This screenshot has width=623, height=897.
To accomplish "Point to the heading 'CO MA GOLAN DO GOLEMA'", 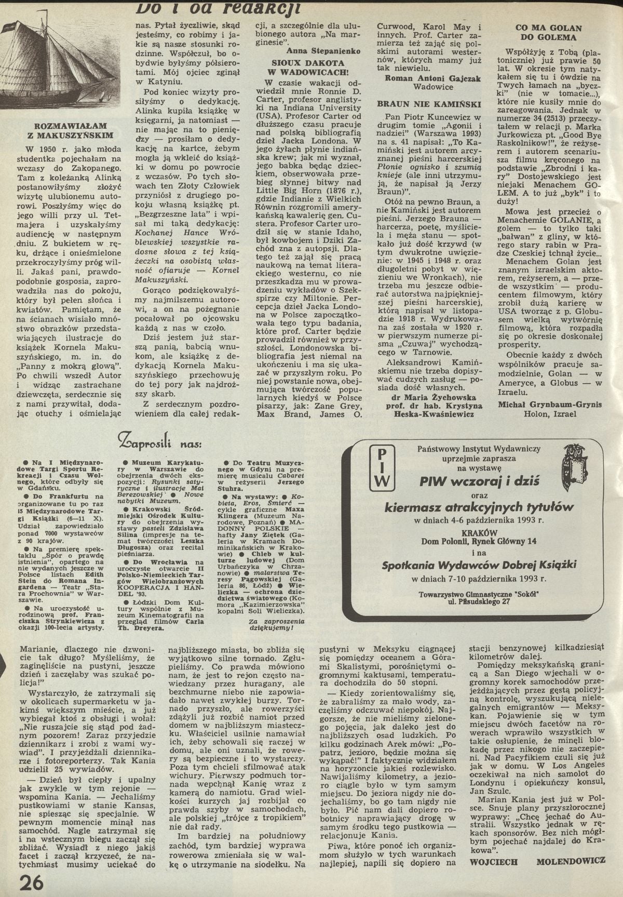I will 548,33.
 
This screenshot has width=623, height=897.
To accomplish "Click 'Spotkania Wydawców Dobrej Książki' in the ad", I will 479,566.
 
